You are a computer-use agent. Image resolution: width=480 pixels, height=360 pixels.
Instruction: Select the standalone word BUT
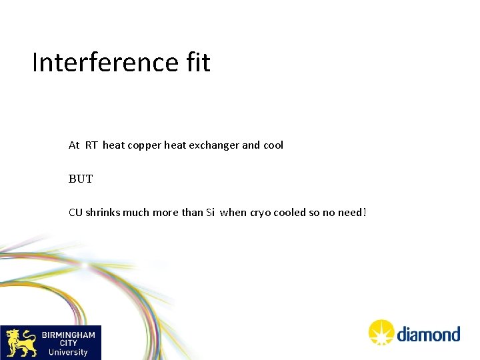pyautogui.click(x=81, y=179)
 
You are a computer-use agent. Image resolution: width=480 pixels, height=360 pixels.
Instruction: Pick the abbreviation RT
pyautogui.click(x=91, y=145)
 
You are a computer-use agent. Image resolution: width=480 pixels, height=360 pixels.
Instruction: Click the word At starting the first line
pyautogui.click(x=74, y=145)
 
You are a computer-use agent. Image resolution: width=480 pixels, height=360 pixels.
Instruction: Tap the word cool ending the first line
pyautogui.click(x=273, y=145)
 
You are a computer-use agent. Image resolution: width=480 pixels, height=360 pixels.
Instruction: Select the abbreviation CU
pyautogui.click(x=75, y=213)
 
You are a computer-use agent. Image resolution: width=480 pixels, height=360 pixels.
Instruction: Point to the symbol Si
pyautogui.click(x=210, y=213)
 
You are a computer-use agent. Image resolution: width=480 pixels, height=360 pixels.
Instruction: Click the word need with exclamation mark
pyautogui.click(x=353, y=213)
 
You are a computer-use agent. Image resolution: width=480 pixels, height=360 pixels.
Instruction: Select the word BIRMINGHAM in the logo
pyautogui.click(x=69, y=335)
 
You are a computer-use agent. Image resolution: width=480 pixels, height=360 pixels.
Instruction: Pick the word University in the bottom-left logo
pyautogui.click(x=68, y=352)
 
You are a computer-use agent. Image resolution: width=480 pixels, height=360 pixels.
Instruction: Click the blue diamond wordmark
pyautogui.click(x=429, y=333)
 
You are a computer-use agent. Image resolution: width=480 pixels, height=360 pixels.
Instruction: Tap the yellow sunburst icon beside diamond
pyautogui.click(x=382, y=332)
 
